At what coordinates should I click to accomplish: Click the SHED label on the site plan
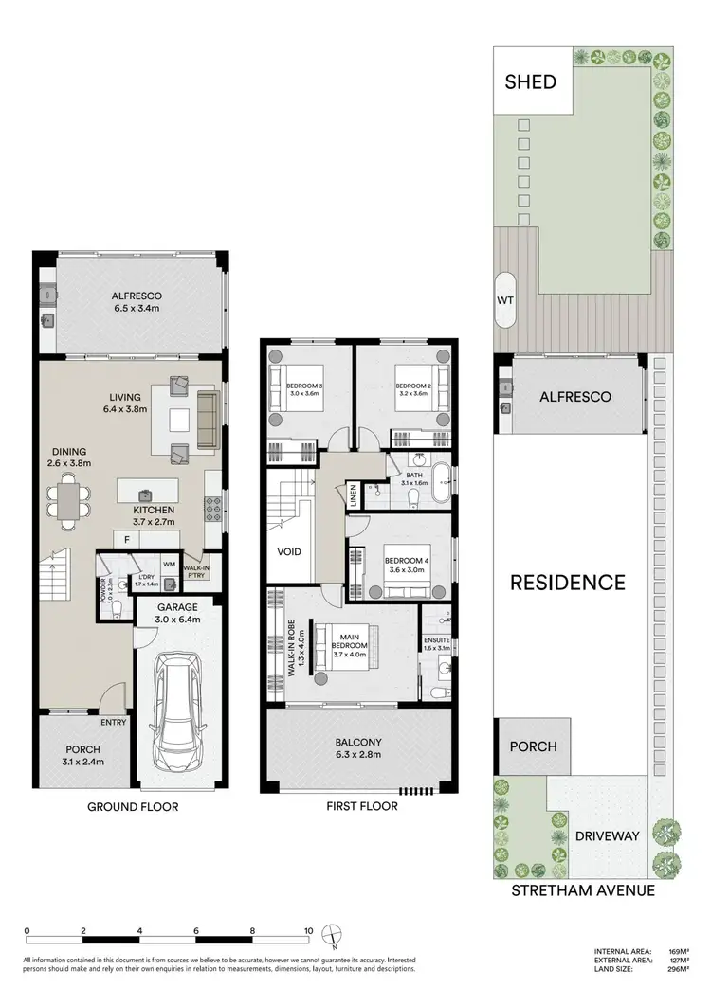530,81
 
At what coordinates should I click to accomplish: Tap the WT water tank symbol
505,300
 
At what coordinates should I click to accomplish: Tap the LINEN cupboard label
354,496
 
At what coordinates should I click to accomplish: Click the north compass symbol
330,934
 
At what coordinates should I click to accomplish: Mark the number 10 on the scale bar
307,931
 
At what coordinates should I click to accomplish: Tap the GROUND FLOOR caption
133,807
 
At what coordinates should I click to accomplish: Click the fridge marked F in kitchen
127,540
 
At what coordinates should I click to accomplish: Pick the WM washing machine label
170,565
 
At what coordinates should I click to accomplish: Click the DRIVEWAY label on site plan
606,835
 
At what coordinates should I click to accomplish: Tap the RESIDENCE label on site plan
568,582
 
